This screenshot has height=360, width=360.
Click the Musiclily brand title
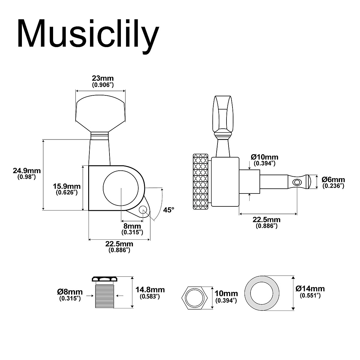click(x=88, y=34)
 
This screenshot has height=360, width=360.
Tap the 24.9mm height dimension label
click(x=27, y=173)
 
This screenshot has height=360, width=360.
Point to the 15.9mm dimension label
click(x=67, y=189)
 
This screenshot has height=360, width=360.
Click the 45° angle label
click(x=169, y=210)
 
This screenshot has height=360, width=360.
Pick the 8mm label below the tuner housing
click(x=132, y=229)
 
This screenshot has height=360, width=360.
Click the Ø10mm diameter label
click(x=265, y=160)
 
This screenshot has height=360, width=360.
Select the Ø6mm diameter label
click(x=333, y=182)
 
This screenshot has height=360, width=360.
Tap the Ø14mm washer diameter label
click(x=310, y=291)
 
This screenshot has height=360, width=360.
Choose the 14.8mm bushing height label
click(x=150, y=292)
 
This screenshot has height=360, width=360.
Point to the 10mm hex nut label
click(x=226, y=296)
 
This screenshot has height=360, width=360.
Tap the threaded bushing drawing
click(x=105, y=293)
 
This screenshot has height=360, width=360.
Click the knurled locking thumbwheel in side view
click(x=200, y=181)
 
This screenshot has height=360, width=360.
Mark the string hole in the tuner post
click(x=297, y=182)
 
